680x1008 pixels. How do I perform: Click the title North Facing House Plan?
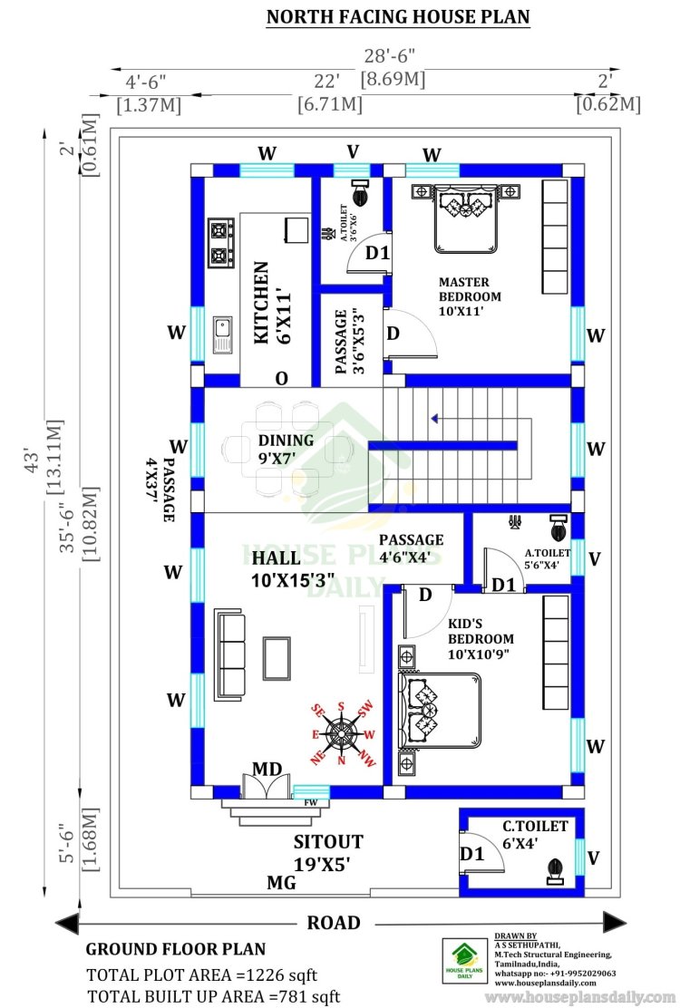398,16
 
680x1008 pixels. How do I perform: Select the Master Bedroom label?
469,296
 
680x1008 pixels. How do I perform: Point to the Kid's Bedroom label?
481,639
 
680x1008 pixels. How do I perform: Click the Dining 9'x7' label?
286,450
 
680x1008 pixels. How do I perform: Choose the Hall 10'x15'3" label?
293,569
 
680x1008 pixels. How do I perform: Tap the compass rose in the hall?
341,734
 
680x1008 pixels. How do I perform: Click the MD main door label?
267,769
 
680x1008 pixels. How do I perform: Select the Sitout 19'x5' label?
328,852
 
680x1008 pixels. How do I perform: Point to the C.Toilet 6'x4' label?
535,835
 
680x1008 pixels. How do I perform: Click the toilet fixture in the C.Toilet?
555,872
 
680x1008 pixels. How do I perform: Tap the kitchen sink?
222,335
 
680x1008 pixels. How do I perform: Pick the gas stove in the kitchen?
221,244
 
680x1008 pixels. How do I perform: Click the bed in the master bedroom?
466,218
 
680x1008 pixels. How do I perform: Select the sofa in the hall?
230,655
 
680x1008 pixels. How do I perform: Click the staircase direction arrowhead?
435,419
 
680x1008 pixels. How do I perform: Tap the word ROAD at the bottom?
334,923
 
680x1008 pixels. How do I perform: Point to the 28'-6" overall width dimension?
390,56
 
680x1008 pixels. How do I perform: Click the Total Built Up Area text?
213,996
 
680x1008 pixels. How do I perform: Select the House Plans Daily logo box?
465,961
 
